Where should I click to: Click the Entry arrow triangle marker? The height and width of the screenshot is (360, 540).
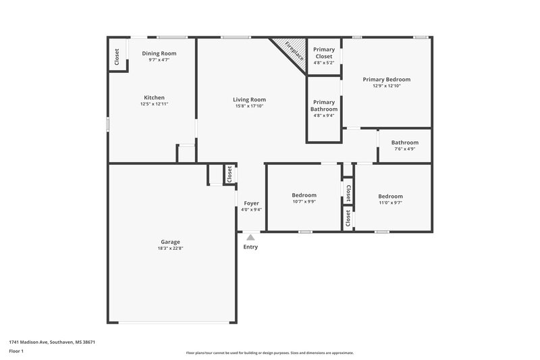pyautogui.click(x=250, y=237)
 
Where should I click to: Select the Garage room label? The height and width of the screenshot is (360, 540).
pyautogui.click(x=170, y=242)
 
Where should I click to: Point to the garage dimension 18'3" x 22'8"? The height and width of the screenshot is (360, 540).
pyautogui.click(x=170, y=249)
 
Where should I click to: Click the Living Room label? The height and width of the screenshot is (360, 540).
pyautogui.click(x=250, y=99)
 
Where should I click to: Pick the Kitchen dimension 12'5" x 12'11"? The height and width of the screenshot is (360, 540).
pyautogui.click(x=154, y=104)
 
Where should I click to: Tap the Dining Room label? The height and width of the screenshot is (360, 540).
pyautogui.click(x=159, y=53)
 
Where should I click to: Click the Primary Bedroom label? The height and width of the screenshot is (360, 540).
pyautogui.click(x=386, y=79)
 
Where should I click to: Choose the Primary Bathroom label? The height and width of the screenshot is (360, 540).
pyautogui.click(x=324, y=105)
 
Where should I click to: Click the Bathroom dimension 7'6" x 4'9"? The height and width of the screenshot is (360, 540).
pyautogui.click(x=405, y=149)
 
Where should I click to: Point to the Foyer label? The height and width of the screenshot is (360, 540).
pyautogui.click(x=251, y=203)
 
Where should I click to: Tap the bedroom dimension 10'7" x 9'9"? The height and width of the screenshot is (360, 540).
pyautogui.click(x=304, y=201)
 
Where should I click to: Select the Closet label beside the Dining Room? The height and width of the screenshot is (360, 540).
pyautogui.click(x=117, y=56)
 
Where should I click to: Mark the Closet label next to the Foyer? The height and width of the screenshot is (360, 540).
pyautogui.click(x=230, y=174)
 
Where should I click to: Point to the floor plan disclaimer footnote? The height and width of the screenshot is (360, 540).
pyautogui.click(x=269, y=353)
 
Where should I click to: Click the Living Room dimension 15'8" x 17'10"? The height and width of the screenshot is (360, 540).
pyautogui.click(x=250, y=106)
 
